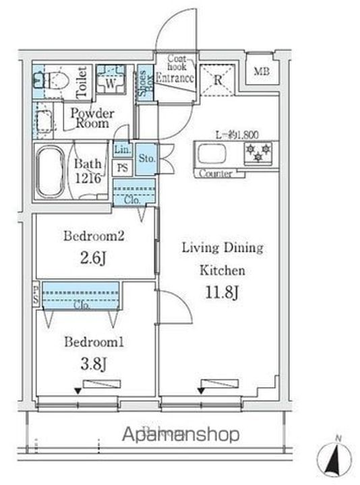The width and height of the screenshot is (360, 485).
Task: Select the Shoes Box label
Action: tap(144, 84)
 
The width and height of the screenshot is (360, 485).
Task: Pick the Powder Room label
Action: tap(92, 119)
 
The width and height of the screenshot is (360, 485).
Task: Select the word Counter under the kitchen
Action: tap(216, 174)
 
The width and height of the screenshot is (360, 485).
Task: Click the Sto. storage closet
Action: tap(146, 158)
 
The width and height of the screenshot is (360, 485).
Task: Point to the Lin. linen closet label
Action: tap(122, 150)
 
